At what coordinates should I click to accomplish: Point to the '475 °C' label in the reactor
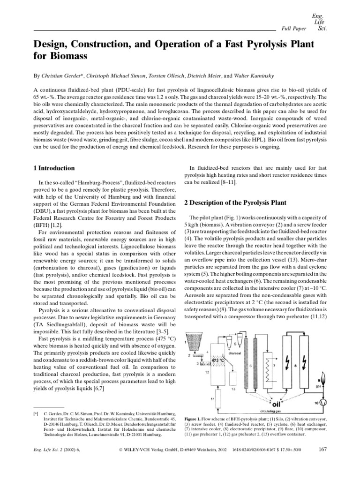(x=218, y=353)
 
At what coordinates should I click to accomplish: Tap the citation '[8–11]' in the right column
(x=229, y=182)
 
